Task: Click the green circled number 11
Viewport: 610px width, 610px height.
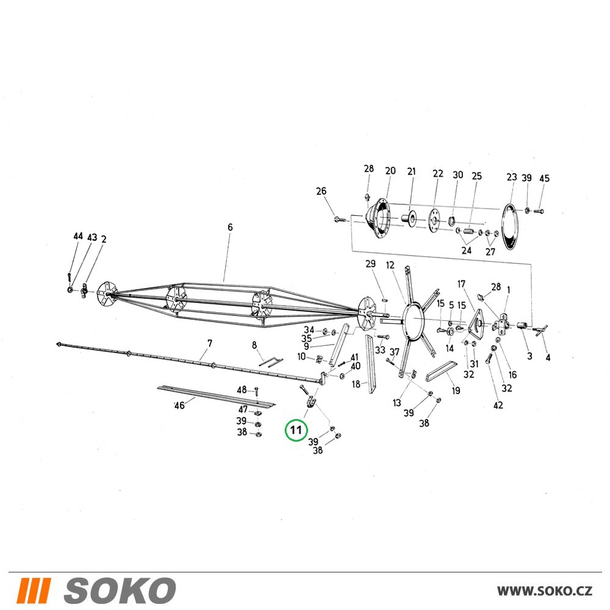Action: (296, 430)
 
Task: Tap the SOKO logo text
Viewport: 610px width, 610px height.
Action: (120, 590)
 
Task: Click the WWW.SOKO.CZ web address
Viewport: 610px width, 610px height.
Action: (544, 590)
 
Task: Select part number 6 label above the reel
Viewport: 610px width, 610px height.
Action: (230, 227)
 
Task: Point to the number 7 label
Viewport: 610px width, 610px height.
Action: (210, 343)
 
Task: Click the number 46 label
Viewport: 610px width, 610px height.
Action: (179, 406)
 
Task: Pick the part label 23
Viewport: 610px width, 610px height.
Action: (512, 177)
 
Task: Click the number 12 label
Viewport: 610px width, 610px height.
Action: (390, 265)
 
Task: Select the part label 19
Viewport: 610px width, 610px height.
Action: (456, 390)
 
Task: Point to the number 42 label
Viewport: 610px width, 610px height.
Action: (498, 406)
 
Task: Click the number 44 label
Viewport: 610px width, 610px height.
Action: (78, 236)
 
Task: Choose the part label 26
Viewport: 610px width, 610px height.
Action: (321, 191)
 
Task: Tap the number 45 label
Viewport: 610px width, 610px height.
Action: (544, 178)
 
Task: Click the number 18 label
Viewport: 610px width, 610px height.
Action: (356, 384)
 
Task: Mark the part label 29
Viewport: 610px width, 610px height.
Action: (370, 264)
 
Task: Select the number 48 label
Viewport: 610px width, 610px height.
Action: (242, 389)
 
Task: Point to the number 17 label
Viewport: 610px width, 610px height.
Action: (461, 284)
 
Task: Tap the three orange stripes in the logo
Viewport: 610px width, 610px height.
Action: (34, 590)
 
